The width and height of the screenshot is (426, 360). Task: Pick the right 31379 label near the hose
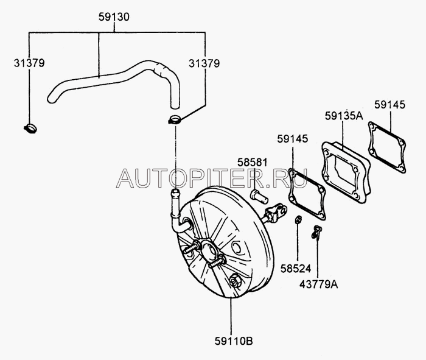click(204, 63)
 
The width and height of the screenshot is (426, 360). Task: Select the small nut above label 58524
click(299, 219)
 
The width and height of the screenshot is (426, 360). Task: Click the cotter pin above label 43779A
click(316, 231)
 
